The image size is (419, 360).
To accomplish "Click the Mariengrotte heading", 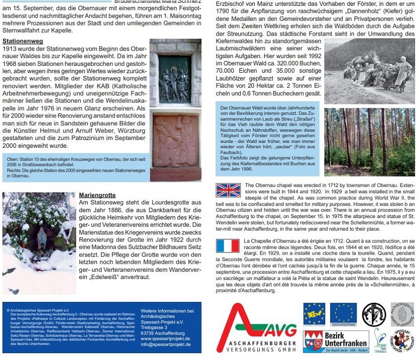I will tap(98, 196).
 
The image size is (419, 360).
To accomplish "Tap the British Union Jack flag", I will tap(228, 190).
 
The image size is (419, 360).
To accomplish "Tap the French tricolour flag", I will tap(228, 245).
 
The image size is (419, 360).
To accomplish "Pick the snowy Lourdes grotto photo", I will tap(39, 242).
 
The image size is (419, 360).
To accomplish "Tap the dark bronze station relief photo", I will tap(175, 78).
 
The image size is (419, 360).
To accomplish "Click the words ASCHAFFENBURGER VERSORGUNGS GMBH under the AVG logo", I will tap(263, 347).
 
